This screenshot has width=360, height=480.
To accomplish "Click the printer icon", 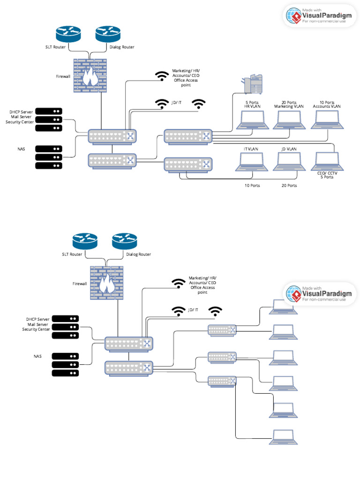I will (x=253, y=84).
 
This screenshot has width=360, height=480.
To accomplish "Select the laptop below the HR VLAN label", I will (x=252, y=120).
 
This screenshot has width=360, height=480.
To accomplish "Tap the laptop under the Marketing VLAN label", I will (x=289, y=120).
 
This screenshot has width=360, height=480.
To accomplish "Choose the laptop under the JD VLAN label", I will (x=289, y=162).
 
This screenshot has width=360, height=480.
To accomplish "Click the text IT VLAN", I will (x=251, y=149).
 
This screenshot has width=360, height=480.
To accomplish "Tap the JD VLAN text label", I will (x=289, y=149).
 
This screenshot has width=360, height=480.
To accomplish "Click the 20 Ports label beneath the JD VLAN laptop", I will (x=289, y=186).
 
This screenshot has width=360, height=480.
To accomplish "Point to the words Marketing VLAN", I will (x=289, y=106).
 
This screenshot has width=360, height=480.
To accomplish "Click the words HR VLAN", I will (x=252, y=106).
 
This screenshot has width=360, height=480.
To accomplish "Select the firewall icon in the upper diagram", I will (x=90, y=75).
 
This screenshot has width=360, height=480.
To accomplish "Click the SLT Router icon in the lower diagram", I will (x=85, y=242).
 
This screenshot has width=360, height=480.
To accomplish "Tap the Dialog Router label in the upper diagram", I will (x=122, y=47).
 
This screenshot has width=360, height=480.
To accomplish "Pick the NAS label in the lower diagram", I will (x=38, y=356).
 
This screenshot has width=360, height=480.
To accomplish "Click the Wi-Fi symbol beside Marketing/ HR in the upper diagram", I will (x=162, y=76).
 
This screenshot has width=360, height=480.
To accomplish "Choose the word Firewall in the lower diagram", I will (x=80, y=284).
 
